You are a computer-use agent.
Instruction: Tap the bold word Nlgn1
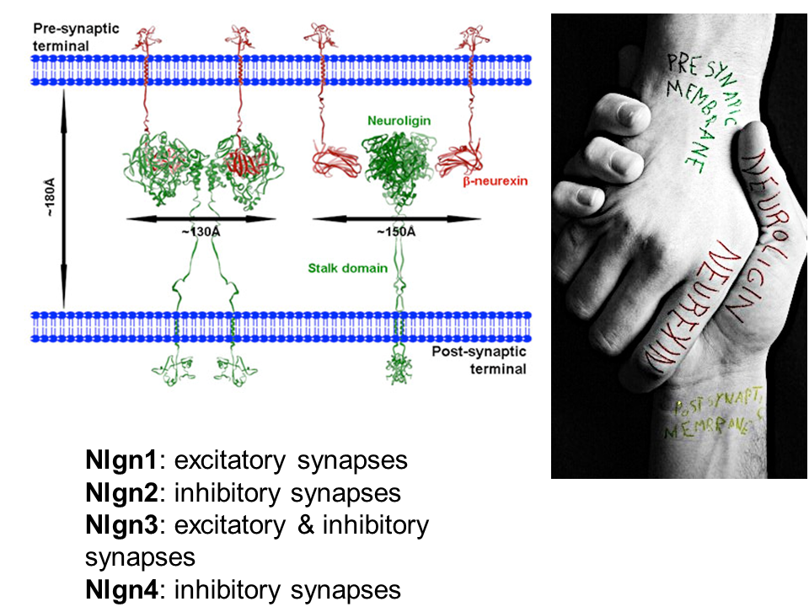point(121,460)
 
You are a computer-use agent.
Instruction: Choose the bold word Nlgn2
point(121,492)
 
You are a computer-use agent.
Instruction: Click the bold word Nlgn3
point(121,525)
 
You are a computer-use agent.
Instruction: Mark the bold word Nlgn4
point(121,589)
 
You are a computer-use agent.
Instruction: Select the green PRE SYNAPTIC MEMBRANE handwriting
point(692,93)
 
